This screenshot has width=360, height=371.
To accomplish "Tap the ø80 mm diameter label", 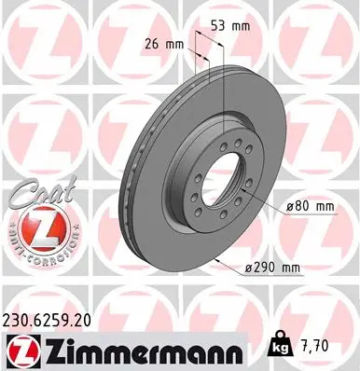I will pos(303,204).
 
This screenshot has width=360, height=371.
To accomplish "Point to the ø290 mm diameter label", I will pos(275,268).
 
